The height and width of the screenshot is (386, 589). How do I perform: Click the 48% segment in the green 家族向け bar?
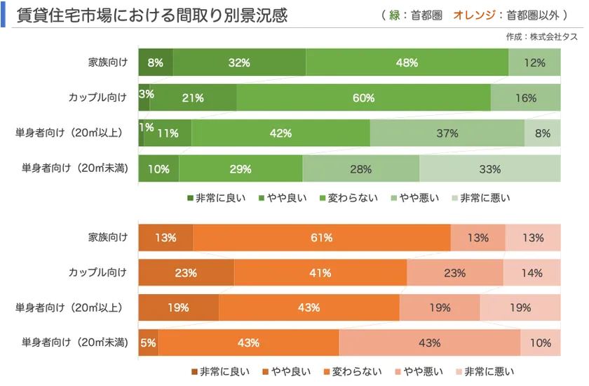[x=407, y=62]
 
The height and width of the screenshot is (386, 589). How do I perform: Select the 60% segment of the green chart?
[x=363, y=98]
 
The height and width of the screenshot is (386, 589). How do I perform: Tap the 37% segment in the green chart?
[x=447, y=133]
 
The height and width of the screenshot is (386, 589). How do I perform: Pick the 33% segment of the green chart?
[x=489, y=168]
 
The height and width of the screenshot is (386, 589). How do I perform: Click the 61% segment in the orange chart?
[x=321, y=237]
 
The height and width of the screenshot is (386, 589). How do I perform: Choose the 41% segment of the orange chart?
[x=320, y=272]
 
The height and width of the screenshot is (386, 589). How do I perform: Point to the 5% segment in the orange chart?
[x=148, y=342]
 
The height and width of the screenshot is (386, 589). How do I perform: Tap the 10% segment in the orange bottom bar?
[x=540, y=342]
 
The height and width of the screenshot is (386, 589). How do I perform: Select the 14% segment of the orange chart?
[x=532, y=272]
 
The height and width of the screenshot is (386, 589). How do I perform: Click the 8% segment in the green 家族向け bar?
[x=155, y=62]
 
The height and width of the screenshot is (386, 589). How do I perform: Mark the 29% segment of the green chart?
[x=241, y=168]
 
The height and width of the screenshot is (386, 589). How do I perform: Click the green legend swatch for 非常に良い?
[x=190, y=198]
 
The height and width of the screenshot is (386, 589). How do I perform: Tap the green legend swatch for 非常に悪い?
[x=455, y=198]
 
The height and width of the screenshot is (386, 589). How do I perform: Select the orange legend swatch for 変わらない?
[x=327, y=372]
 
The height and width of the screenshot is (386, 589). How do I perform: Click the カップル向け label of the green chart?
[x=97, y=98]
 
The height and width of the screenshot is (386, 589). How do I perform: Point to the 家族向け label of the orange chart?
[x=104, y=237]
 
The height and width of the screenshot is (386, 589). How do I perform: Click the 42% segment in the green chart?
[x=280, y=133]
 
